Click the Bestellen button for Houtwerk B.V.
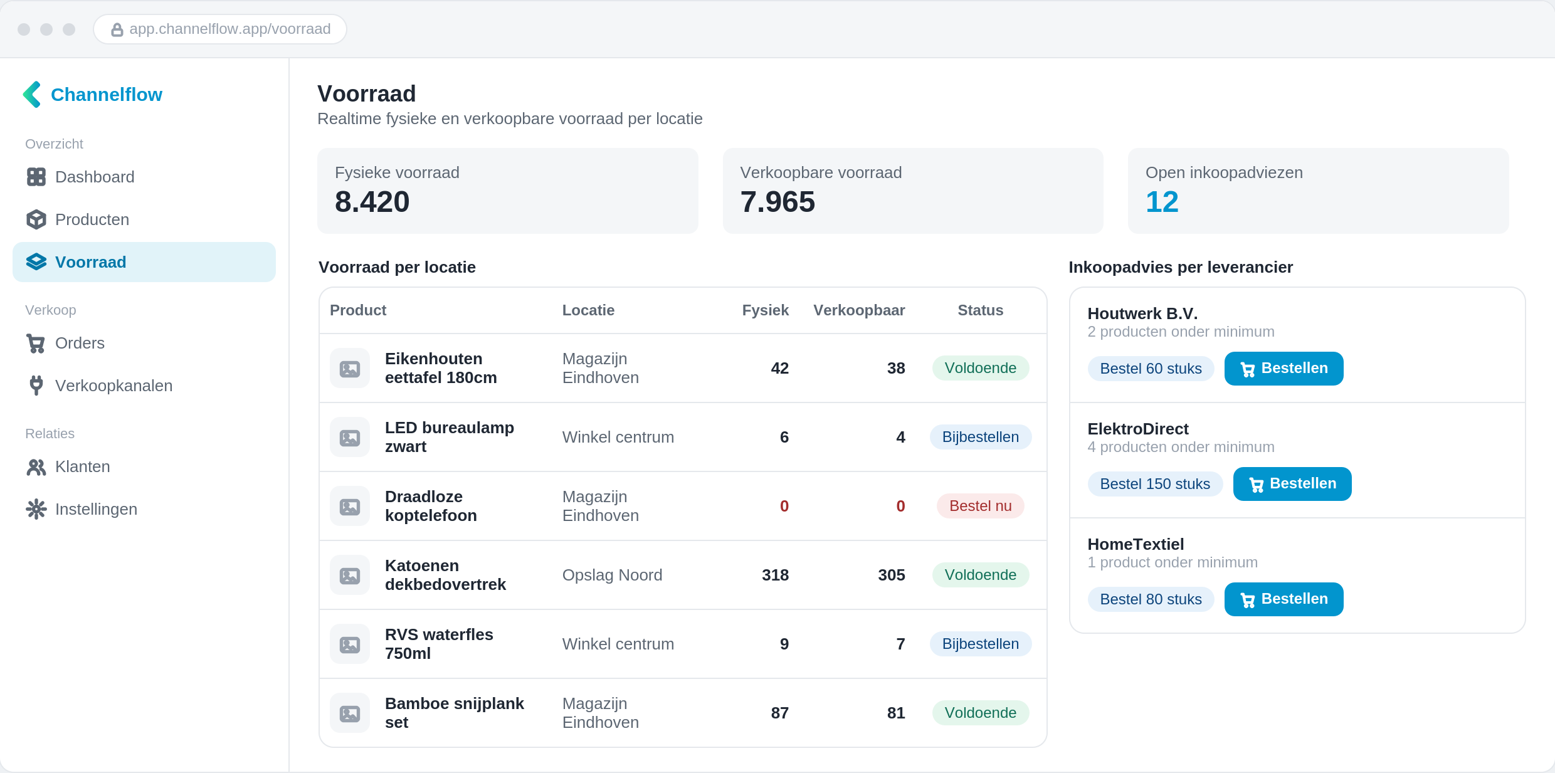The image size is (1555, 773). [x=1284, y=369]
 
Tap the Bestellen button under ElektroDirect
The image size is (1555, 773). [x=1292, y=484]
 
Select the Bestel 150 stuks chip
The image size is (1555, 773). [x=1155, y=484]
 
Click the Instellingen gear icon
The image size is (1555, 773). [x=36, y=509]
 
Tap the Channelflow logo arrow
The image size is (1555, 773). [x=33, y=95]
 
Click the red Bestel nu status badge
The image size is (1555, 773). [x=980, y=506]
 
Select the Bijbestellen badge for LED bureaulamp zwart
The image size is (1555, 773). [x=980, y=437]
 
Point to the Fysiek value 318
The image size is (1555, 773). [x=775, y=575]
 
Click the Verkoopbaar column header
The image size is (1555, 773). [x=859, y=310]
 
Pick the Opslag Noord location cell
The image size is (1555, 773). [x=612, y=575]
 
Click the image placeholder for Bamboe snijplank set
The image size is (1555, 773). [x=350, y=713]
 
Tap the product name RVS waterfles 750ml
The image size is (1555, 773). [x=439, y=644]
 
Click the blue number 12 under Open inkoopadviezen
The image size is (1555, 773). [x=1162, y=202]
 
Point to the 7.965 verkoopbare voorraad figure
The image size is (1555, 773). [x=778, y=202]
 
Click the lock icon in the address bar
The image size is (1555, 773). [x=117, y=29]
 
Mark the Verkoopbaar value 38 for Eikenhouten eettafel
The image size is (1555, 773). [x=896, y=368]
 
